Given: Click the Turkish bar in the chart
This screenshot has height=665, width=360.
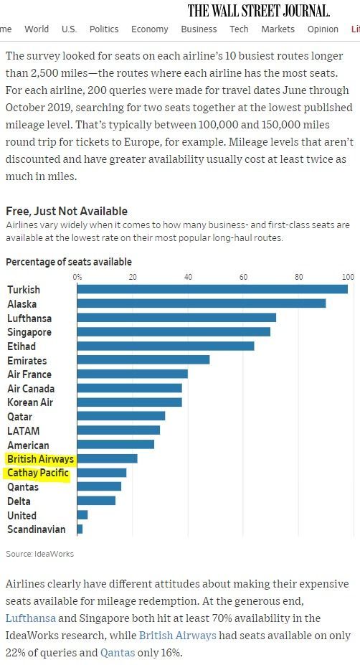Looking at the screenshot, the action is (212, 289).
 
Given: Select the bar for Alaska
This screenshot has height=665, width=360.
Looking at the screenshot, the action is (202, 303).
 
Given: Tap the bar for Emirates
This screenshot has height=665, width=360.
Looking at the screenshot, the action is (143, 359).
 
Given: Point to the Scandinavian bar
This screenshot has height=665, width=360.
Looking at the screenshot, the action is (80, 529).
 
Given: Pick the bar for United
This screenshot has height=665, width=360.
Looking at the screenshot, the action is (82, 515).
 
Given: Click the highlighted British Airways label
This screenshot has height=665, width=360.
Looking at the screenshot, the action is (40, 459).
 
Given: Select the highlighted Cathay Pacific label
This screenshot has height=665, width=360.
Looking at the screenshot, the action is (38, 473).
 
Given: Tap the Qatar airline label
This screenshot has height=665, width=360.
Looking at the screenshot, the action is (19, 417).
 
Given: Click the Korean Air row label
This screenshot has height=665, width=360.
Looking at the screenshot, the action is (30, 402).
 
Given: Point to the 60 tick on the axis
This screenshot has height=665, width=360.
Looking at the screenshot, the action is (243, 278).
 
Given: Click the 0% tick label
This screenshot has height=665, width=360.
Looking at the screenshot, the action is (77, 278).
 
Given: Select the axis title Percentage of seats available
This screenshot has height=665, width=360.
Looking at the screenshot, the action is (69, 262).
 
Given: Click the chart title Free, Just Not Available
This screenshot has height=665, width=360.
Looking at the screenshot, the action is (67, 211).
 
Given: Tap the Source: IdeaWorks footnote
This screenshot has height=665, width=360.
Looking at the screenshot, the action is (39, 554).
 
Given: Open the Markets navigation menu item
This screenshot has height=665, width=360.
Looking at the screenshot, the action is (278, 29).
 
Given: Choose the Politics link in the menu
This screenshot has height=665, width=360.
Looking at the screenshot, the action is (104, 29).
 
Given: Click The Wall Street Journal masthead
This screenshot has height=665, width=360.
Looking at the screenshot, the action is (259, 10).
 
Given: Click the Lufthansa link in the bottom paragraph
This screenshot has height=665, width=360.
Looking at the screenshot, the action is (30, 618).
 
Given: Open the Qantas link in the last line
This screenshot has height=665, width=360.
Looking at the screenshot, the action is (118, 652).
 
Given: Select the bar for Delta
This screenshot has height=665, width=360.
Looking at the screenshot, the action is (96, 501).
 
